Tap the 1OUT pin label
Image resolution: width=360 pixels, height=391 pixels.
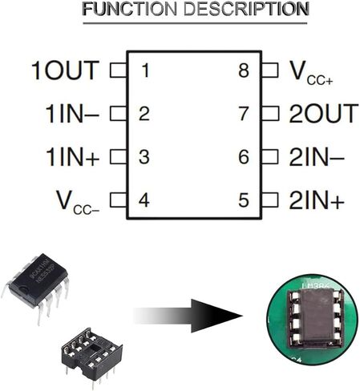65,71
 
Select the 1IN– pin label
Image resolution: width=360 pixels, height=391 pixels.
72,114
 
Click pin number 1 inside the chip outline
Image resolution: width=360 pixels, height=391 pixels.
144,71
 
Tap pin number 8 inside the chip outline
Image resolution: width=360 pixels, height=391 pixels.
244,71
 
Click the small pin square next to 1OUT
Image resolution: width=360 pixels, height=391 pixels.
118,71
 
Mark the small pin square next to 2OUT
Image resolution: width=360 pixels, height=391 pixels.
271,114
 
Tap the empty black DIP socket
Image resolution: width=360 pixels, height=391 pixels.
91,353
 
